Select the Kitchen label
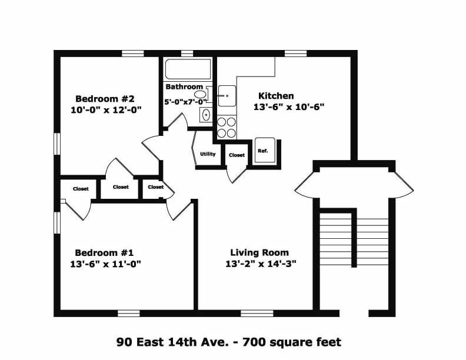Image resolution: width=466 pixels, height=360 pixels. click(276, 96)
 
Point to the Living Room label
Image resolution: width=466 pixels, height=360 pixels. click(259, 253)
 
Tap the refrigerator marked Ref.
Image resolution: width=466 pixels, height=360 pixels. click(263, 151)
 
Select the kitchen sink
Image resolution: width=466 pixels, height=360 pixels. click(227, 95)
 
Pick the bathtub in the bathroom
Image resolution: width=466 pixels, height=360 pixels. click(188, 69)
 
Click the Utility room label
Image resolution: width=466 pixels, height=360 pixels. click(207, 154)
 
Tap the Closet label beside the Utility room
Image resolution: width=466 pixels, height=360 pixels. click(237, 155)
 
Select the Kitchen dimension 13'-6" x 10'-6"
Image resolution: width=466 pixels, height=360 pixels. click(289, 107)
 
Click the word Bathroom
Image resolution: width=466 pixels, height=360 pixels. click(184, 87)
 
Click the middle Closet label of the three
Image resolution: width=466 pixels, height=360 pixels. click(121, 187)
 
